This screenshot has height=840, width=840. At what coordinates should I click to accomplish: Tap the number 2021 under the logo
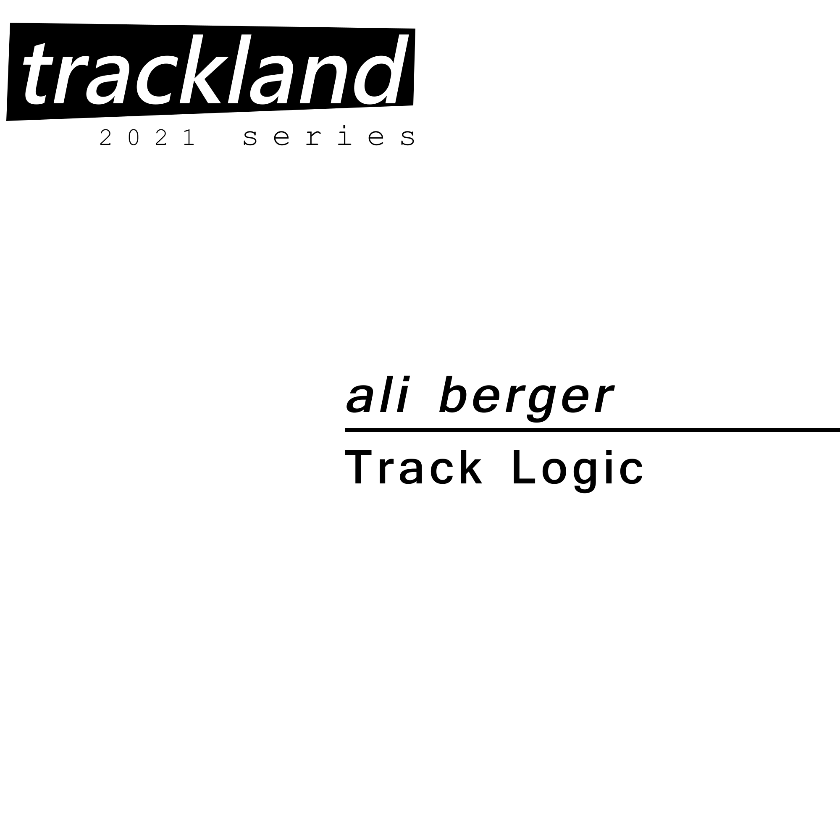coord(147,137)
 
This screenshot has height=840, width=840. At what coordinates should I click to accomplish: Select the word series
coord(329,136)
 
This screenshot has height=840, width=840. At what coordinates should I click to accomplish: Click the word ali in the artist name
coord(378,394)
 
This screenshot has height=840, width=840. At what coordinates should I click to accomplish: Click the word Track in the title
coord(413,467)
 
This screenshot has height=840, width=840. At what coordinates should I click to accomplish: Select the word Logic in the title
coord(578,471)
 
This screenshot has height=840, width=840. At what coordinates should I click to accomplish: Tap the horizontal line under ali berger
coord(593,430)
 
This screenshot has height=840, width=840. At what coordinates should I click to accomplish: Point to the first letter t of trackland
coord(38,74)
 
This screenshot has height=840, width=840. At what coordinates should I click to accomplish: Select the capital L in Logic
coord(524,467)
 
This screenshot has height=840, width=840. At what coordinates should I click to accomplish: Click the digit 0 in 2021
coord(134,137)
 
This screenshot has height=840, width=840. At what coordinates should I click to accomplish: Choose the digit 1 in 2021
coord(189,137)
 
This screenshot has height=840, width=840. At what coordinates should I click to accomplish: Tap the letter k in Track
coord(469,467)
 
